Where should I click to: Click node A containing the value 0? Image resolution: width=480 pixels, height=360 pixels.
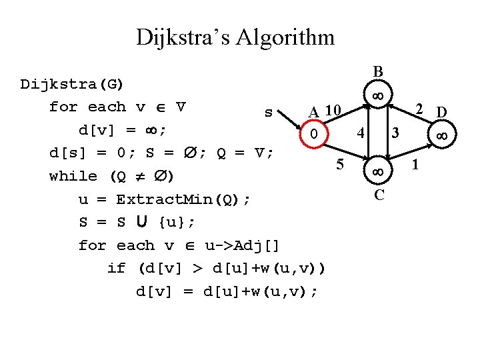(x=313, y=134)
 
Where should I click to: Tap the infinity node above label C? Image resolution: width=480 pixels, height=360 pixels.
(x=378, y=171)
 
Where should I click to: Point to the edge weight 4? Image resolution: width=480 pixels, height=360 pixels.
(x=361, y=132)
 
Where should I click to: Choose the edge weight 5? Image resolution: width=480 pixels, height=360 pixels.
(x=340, y=163)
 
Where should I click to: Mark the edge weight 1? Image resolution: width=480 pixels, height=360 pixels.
(x=417, y=163)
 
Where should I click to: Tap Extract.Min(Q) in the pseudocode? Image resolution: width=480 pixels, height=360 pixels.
(x=184, y=199)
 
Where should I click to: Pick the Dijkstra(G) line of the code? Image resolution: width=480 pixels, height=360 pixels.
(x=72, y=84)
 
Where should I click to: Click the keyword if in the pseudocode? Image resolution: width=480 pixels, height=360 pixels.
(x=116, y=269)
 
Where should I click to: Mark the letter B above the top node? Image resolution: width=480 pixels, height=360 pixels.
(x=378, y=71)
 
